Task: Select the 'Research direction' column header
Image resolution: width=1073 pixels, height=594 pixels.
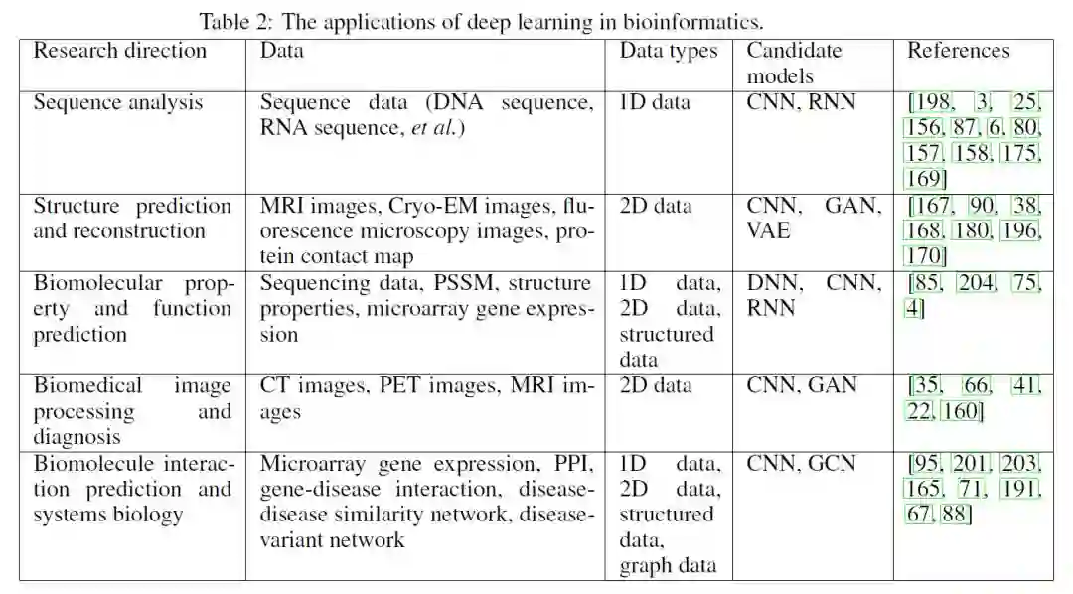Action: (x=120, y=51)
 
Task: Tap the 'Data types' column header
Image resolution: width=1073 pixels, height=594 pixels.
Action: (x=669, y=51)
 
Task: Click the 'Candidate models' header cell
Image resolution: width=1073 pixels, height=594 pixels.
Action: (x=794, y=63)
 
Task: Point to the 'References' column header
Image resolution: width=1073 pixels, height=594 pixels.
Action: (x=958, y=51)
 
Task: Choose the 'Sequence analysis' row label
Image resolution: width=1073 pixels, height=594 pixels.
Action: (x=118, y=102)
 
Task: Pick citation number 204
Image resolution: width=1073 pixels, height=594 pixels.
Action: (x=975, y=283)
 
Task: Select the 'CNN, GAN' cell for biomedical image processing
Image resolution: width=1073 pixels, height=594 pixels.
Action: (x=801, y=385)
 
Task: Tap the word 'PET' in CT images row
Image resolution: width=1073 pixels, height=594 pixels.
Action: (x=400, y=385)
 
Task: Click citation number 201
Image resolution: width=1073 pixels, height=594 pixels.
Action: (x=970, y=463)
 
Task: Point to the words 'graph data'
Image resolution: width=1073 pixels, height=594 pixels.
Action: (x=668, y=566)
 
